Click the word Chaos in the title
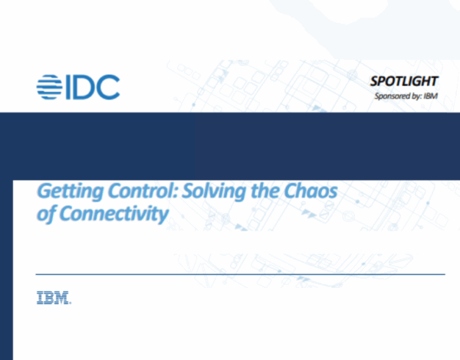(312, 191)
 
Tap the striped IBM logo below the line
(54, 298)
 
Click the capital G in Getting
(44, 191)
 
